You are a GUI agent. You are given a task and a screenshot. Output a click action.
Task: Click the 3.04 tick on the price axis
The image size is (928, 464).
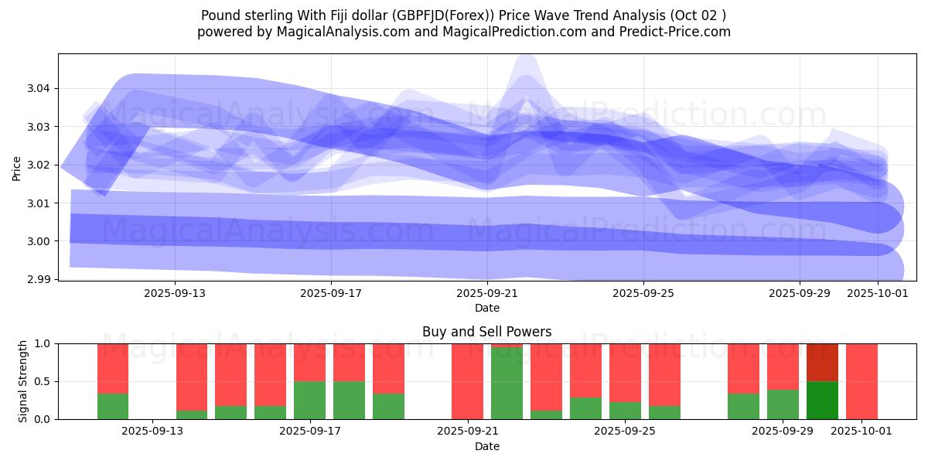pyautogui.click(x=38, y=88)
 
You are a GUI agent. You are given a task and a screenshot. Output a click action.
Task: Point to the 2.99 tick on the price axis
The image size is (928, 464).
pyautogui.click(x=38, y=279)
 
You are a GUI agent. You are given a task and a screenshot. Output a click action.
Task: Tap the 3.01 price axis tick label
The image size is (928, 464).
pyautogui.click(x=38, y=203)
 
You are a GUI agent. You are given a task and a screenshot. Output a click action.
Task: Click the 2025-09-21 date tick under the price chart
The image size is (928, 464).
pyautogui.click(x=487, y=294)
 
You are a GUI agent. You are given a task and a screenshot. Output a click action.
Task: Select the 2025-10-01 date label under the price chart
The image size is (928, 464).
pyautogui.click(x=877, y=294)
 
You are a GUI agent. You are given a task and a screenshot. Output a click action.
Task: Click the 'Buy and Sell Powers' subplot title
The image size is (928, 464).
pyautogui.click(x=486, y=332)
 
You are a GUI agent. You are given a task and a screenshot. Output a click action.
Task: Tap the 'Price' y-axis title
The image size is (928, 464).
pyautogui.click(x=17, y=167)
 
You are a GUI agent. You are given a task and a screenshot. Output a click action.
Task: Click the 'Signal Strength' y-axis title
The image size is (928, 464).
pyautogui.click(x=23, y=381)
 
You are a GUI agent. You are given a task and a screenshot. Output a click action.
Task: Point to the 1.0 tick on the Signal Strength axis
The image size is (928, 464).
pyautogui.click(x=43, y=343)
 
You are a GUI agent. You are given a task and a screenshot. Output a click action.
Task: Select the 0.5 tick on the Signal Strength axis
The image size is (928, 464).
pyautogui.click(x=43, y=381)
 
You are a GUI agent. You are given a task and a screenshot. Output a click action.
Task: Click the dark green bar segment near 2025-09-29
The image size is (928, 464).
pyautogui.click(x=822, y=400)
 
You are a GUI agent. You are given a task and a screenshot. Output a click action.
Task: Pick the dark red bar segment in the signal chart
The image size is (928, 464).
pyautogui.click(x=822, y=362)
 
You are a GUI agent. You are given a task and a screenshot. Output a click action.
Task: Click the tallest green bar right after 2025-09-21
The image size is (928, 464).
pyautogui.click(x=507, y=384)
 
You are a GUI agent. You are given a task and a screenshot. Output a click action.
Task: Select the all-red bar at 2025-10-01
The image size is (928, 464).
pyautogui.click(x=861, y=381)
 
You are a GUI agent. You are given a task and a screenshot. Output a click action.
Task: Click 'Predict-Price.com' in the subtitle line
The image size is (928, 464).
pyautogui.click(x=680, y=32)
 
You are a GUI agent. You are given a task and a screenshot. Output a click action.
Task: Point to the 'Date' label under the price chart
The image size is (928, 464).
pyautogui.click(x=486, y=308)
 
